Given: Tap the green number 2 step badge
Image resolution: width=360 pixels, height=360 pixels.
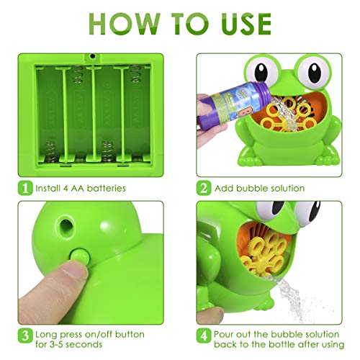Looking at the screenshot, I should pos(204,188).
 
